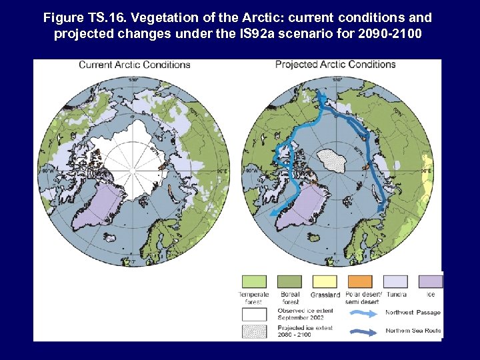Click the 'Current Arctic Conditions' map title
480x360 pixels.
pyautogui.click(x=135, y=65)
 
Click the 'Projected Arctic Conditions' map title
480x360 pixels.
pyautogui.click(x=335, y=65)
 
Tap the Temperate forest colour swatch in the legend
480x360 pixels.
pyautogui.click(x=253, y=282)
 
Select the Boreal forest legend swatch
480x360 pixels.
pyautogui.click(x=290, y=282)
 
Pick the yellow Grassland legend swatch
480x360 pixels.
pyautogui.click(x=325, y=282)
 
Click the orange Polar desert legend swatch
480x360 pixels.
pyautogui.click(x=361, y=282)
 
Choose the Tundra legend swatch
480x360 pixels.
pyautogui.click(x=395, y=282)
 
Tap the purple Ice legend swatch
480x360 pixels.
pyautogui.click(x=430, y=282)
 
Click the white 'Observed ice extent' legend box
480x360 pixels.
pyautogui.click(x=253, y=313)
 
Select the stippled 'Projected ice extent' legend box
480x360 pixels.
pyautogui.click(x=253, y=331)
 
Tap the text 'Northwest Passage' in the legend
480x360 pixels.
pyautogui.click(x=413, y=313)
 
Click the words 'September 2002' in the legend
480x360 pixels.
pyautogui.click(x=301, y=318)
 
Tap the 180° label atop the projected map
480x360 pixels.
pyautogui.click(x=337, y=80)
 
